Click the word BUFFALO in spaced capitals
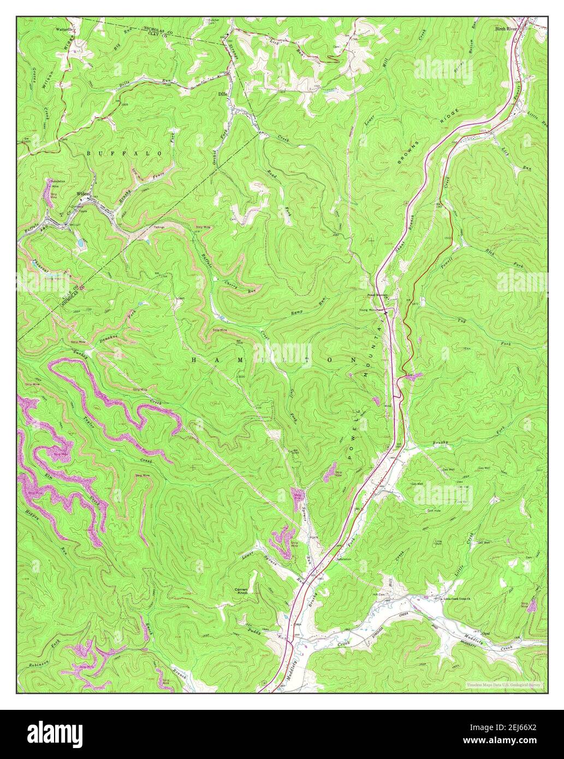[124, 154]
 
